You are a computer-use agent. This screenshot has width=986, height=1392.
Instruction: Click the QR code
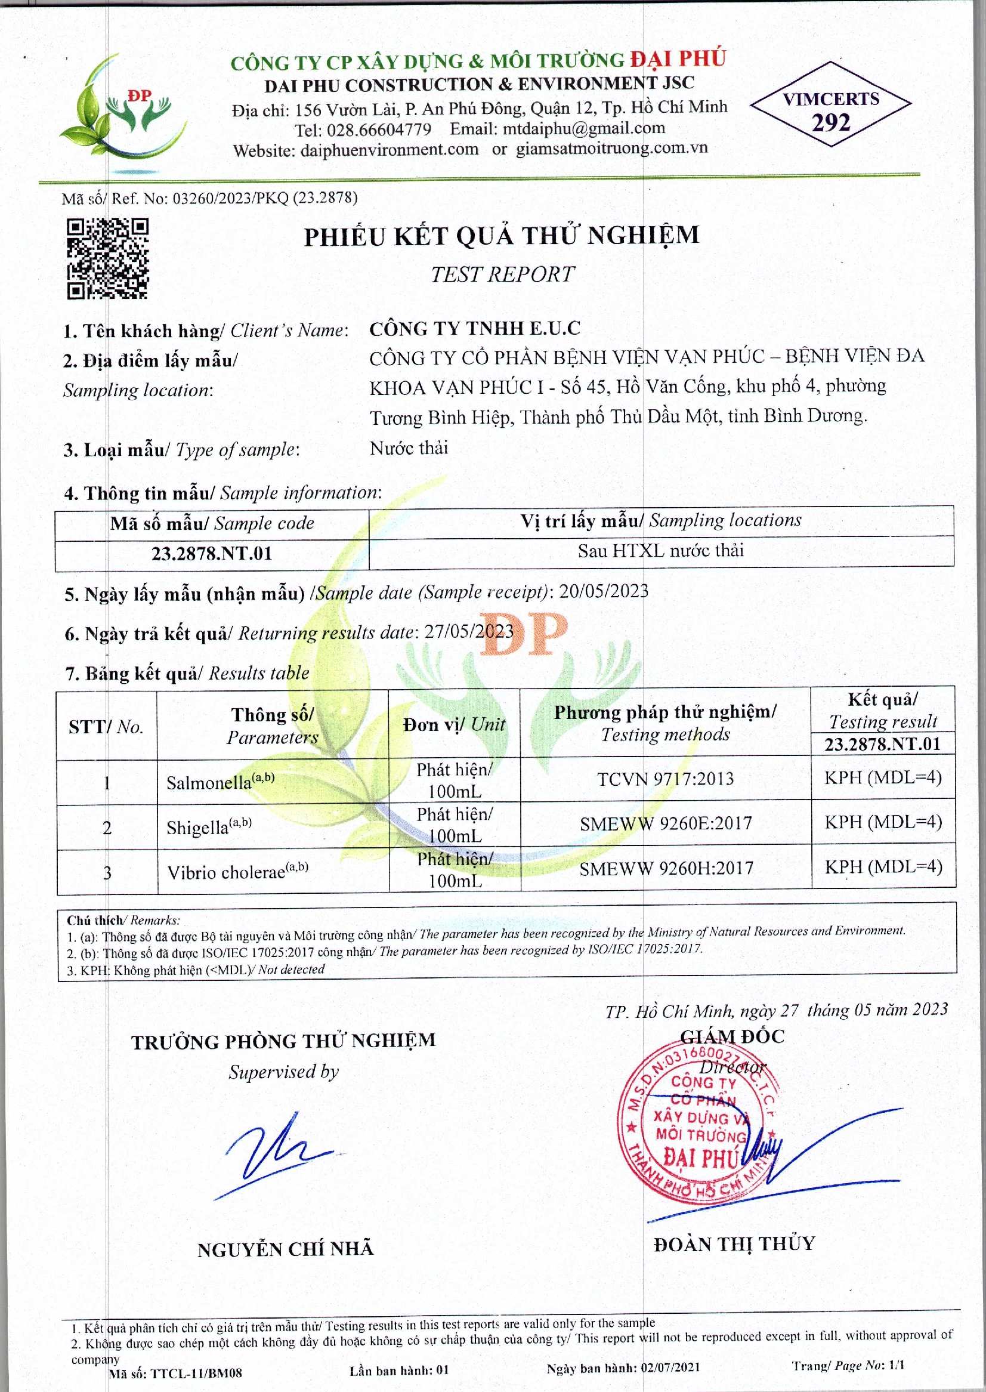[x=107, y=259]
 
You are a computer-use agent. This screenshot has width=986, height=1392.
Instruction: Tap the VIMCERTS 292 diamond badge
[x=830, y=104]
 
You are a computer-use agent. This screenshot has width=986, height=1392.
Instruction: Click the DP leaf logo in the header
[x=124, y=108]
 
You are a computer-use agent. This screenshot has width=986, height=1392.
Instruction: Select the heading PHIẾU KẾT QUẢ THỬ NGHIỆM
[x=502, y=236]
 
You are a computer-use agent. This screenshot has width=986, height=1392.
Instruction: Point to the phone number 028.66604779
[x=378, y=130]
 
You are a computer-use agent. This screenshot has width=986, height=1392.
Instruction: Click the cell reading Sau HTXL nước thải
[x=660, y=551]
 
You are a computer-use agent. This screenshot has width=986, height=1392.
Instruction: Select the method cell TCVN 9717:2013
[x=666, y=779]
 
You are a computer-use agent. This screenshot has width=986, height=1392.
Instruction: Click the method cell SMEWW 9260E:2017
[x=666, y=824]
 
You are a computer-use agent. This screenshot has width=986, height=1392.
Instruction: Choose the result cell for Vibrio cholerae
[x=883, y=868]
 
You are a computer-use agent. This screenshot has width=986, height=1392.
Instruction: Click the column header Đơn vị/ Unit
[x=453, y=724]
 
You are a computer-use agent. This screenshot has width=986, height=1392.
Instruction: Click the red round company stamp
[x=698, y=1124]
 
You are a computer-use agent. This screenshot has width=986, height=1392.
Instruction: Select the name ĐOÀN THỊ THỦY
[x=734, y=1245]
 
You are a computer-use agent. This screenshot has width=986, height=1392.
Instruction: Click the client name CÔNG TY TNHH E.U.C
[x=475, y=329]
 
